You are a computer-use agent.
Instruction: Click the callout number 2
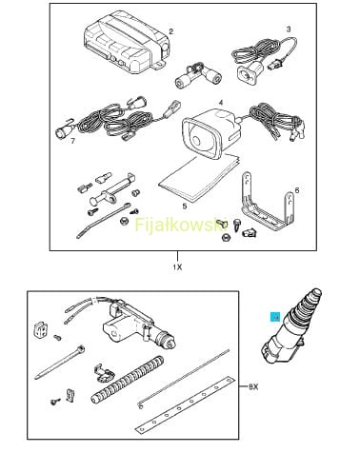pos(171,31)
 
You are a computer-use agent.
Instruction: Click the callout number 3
pos(289,30)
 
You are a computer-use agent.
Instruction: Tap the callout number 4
pos(221,103)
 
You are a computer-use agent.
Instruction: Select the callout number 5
pos(185,207)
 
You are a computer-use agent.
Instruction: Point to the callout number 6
pos(297,190)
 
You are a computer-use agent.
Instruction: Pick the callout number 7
pos(73,141)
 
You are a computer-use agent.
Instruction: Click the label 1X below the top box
pos(177,267)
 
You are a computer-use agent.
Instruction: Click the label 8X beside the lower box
pos(253,386)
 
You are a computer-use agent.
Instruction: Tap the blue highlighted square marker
pos(274,317)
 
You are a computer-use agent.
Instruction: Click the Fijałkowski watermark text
pos(181,225)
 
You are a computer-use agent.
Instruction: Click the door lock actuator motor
pos(140,326)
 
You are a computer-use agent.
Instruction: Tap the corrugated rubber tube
pos(128,380)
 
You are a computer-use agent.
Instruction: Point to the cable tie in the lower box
pos(60,363)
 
